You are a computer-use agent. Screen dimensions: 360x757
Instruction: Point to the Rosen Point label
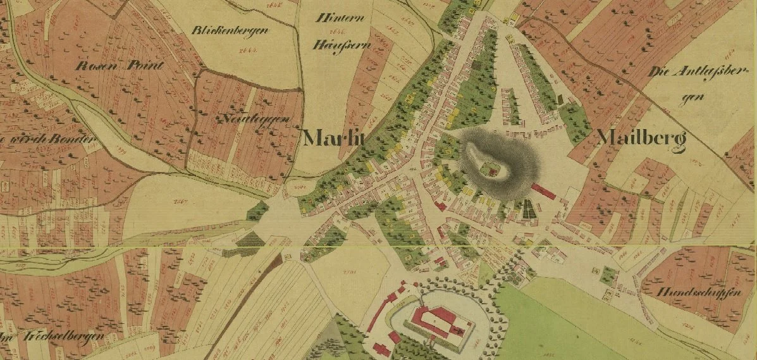click(120, 65)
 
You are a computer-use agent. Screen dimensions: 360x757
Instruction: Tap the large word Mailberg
click(641, 139)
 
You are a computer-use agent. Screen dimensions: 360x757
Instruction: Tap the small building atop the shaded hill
click(488, 169)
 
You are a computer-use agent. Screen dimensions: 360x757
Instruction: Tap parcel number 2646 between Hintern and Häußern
click(336, 32)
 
